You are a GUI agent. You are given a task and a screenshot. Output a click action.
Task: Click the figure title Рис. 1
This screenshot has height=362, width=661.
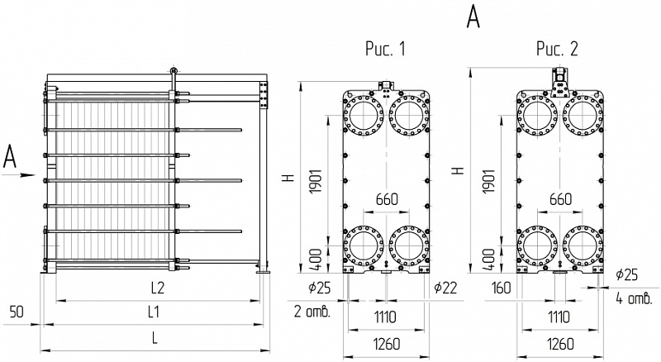coord(385,49)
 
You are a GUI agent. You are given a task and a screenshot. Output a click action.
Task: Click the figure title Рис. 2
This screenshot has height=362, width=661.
coord(557,49)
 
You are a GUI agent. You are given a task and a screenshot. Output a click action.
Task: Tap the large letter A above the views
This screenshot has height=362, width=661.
coord(473,17)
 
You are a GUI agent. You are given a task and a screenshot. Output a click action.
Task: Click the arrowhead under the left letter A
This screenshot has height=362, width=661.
coord(29,174)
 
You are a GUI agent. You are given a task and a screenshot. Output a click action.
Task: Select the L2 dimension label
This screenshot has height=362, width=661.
coord(157,288)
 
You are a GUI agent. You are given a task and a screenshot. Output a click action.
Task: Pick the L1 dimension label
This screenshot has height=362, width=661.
coord(154,312)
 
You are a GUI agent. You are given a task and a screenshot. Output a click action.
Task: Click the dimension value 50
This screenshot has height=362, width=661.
coord(17,312)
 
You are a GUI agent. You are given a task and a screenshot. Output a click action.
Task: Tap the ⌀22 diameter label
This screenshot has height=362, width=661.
coord(445,288)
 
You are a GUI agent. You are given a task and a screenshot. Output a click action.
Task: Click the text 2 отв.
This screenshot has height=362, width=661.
coord(312,312)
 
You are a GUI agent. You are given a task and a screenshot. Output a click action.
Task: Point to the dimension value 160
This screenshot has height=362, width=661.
coord(501,288)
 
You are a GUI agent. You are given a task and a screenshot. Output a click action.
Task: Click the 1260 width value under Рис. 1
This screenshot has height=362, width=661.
coord(387,344)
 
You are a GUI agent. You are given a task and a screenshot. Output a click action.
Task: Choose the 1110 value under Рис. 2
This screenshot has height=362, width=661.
coord(559,317)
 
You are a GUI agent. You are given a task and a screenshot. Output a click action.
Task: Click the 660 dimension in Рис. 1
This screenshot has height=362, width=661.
coord(387,199)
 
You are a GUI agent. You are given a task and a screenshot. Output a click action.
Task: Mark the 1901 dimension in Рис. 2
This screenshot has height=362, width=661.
coord(488,182)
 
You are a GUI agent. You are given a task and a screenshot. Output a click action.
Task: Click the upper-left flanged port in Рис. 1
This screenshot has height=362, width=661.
coord(364,115)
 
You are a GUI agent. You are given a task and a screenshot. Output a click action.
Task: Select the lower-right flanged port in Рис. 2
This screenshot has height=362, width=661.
coord(583,246)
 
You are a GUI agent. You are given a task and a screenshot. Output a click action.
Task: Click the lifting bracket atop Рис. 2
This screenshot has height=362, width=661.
coord(560,83)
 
